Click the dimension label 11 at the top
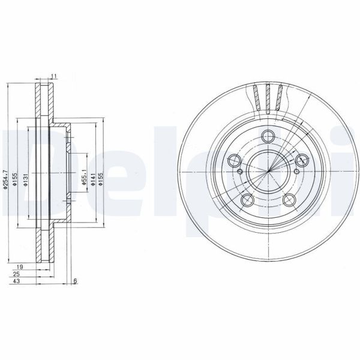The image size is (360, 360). (x=53, y=76)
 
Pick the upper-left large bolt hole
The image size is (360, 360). (x=235, y=160)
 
